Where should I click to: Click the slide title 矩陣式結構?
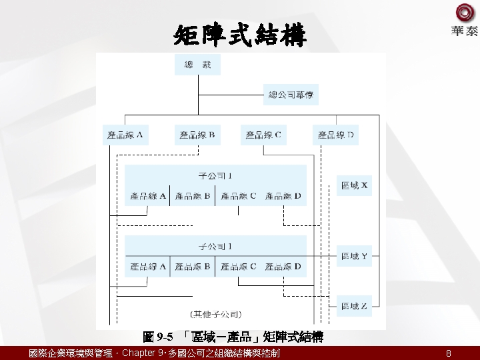pyautogui.click(x=240, y=35)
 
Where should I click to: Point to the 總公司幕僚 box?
pyautogui.click(x=290, y=95)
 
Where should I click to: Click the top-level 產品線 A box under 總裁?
pyautogui.click(x=125, y=135)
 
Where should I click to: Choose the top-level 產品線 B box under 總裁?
pyautogui.click(x=197, y=135)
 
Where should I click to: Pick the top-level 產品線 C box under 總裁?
pyautogui.click(x=263, y=135)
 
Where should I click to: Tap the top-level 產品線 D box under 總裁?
pyautogui.click(x=335, y=135)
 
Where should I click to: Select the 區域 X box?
pyautogui.click(x=354, y=185)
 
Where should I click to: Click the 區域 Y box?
pyautogui.click(x=354, y=256)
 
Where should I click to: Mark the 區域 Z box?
pyautogui.click(x=354, y=306)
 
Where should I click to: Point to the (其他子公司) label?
pyautogui.click(x=216, y=313)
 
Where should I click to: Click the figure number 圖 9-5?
pyautogui.click(x=158, y=337)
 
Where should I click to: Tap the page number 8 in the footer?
pyautogui.click(x=449, y=353)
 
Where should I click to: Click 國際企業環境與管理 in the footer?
pyautogui.click(x=70, y=353)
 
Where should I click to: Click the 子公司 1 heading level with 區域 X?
pyautogui.click(x=215, y=177)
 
